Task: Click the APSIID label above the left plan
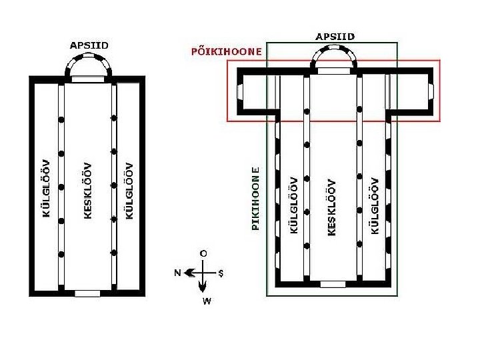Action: coord(89,45)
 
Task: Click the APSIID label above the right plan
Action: coord(335,36)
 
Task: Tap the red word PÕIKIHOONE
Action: coord(227,51)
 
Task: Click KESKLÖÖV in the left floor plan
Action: coord(87,191)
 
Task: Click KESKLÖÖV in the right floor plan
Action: coord(331,206)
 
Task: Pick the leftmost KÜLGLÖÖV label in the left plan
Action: coord(47,190)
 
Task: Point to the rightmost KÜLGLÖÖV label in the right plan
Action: coord(375,205)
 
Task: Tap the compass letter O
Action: coord(203,253)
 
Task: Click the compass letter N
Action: coord(178,272)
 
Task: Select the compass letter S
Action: coord(221,273)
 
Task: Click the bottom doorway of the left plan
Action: coord(87,293)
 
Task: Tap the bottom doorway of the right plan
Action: coord(333,284)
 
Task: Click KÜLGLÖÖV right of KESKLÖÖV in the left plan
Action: coord(129,190)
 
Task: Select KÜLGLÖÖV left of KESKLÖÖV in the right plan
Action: coord(293,205)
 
